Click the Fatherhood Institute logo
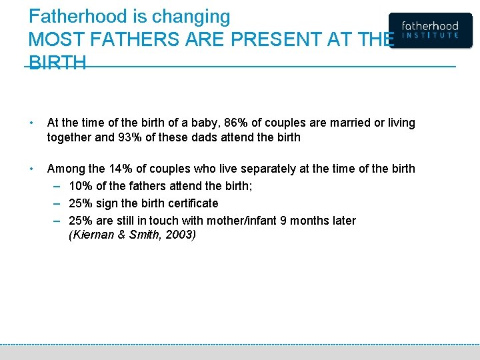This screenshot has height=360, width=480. tap(430, 31)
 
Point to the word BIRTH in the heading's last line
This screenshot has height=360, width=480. tap(57, 63)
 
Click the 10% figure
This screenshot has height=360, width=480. tap(81, 186)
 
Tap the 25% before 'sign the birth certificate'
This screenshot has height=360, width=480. tap(81, 203)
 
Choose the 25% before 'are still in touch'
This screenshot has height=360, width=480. tap(81, 221)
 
